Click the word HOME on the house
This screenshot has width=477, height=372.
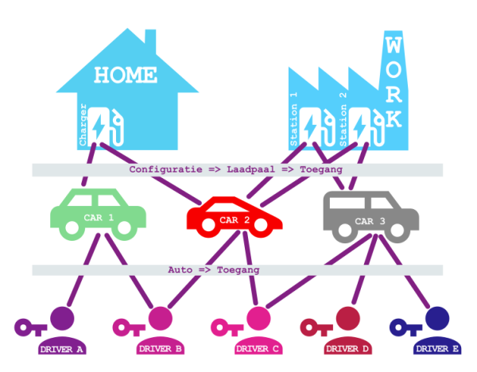pos(125,76)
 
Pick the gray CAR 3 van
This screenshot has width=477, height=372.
pos(370,215)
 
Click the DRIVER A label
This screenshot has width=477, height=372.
pos(61,349)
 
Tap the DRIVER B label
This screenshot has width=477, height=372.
pos(161,349)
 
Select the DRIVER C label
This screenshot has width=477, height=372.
pos(258,349)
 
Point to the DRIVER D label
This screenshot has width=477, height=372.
pos(348,349)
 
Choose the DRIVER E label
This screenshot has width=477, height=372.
pos(438,349)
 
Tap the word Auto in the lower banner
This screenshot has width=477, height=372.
pos(181,270)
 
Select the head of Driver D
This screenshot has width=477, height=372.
pos(349,319)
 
